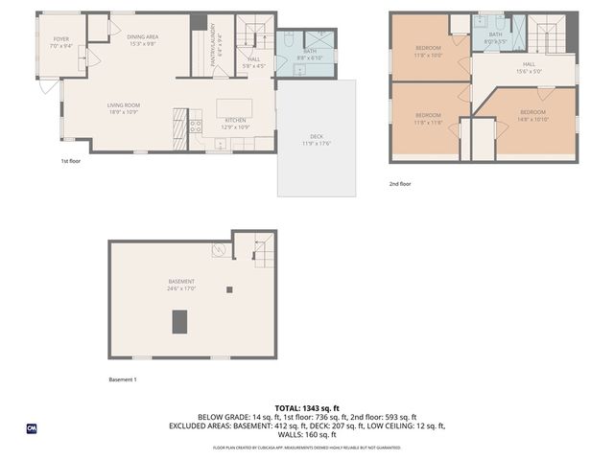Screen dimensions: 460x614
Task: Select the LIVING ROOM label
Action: click(x=123, y=108)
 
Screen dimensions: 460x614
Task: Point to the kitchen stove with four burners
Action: click(x=196, y=125)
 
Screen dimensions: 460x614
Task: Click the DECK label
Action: click(x=316, y=139)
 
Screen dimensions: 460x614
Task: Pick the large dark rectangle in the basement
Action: click(x=179, y=322)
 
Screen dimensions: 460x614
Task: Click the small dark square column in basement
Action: click(x=228, y=288)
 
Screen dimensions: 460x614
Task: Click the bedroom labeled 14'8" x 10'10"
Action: click(x=531, y=116)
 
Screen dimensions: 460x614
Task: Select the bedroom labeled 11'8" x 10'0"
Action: click(x=428, y=51)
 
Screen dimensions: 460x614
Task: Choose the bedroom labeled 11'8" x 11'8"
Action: click(x=428, y=118)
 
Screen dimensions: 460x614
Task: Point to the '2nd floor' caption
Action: click(x=400, y=183)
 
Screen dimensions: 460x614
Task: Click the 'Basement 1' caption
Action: click(x=123, y=379)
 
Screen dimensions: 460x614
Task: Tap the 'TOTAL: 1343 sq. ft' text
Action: click(x=307, y=408)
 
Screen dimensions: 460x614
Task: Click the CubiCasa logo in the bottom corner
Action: click(x=32, y=428)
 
